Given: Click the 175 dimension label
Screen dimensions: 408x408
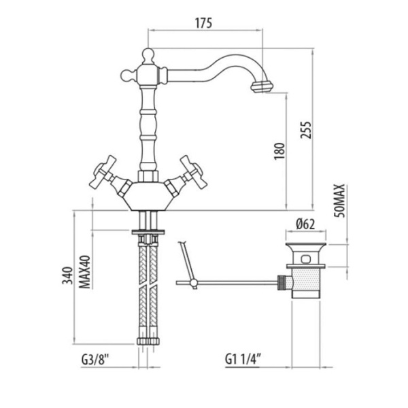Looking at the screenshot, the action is pyautogui.click(x=204, y=23).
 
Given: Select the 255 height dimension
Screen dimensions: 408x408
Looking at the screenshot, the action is pyautogui.click(x=306, y=130).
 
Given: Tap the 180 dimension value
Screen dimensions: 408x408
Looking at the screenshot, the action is pyautogui.click(x=279, y=151).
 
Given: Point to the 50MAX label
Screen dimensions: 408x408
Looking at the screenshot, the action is pyautogui.click(x=340, y=201).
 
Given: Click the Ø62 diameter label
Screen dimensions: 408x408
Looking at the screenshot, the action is pyautogui.click(x=305, y=224).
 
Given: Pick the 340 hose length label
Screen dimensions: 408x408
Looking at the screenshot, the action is pyautogui.click(x=67, y=275).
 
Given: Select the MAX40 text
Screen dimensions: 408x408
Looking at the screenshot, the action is pyautogui.click(x=85, y=272).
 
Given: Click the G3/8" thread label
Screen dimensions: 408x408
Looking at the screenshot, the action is pyautogui.click(x=95, y=360).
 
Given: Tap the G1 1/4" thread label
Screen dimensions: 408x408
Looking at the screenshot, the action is pyautogui.click(x=243, y=360).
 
